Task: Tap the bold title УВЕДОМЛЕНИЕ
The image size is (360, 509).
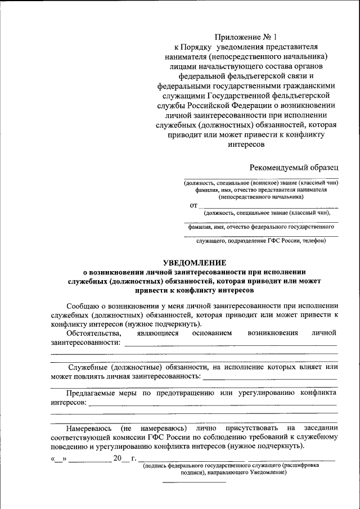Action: (195, 263)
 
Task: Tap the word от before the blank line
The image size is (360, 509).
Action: (193, 206)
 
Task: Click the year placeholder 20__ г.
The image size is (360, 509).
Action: (125, 459)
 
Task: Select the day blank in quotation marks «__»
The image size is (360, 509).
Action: (58, 459)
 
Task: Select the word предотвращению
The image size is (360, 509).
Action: (183, 393)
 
